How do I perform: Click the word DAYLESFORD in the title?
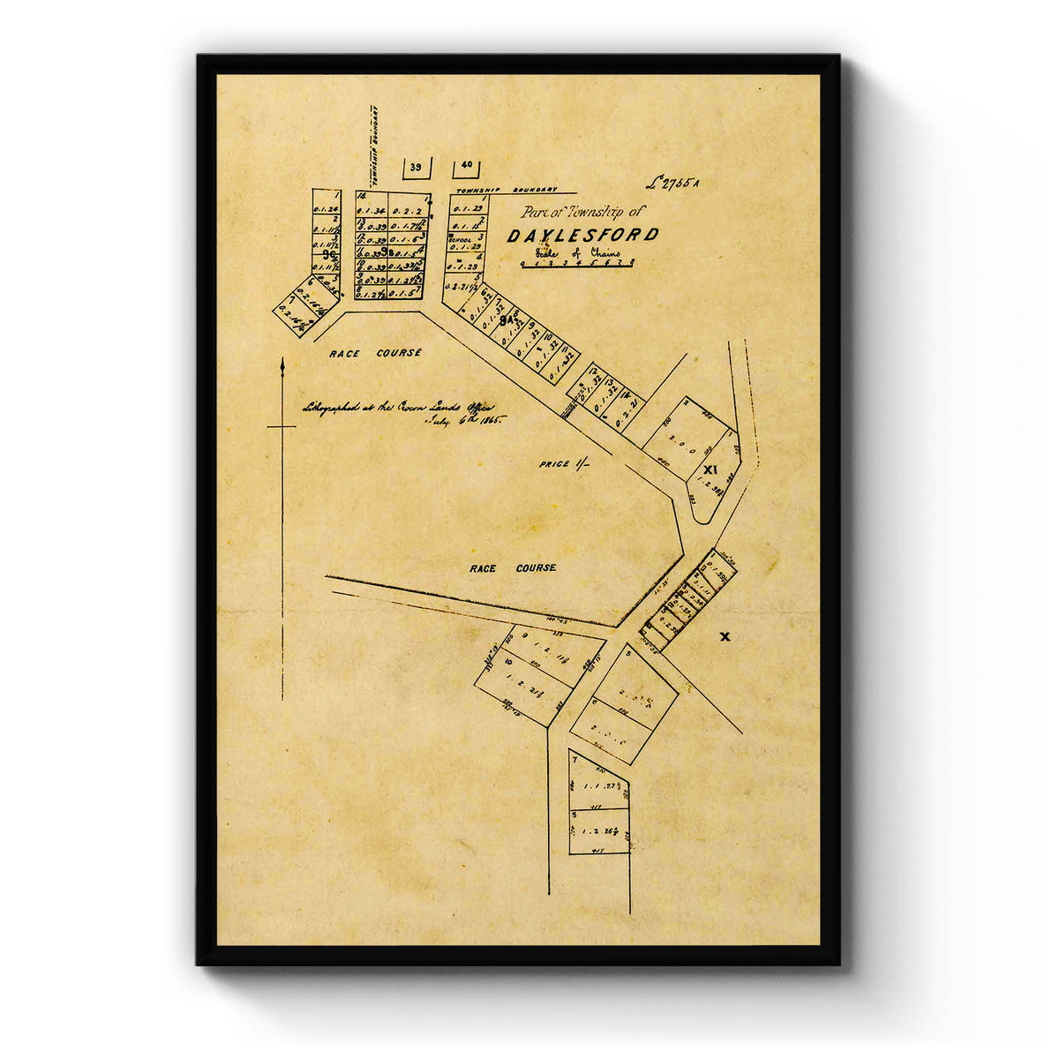582,235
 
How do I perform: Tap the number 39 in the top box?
417,167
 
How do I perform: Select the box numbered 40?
467,165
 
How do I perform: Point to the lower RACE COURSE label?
513,568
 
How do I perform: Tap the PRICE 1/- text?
563,463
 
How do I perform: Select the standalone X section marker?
725,636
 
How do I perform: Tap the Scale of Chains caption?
578,253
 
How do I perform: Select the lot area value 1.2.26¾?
598,831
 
